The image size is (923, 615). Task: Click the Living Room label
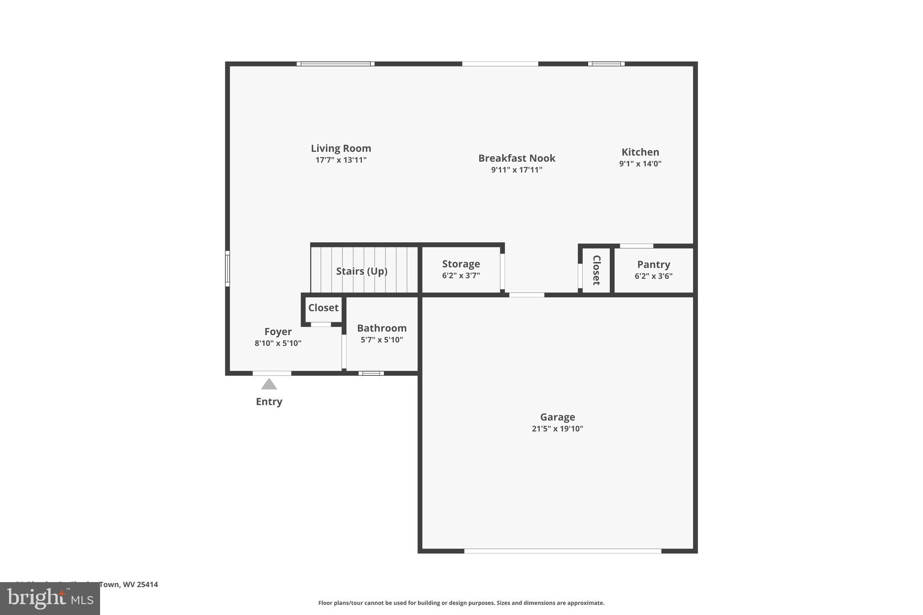pyautogui.click(x=341, y=148)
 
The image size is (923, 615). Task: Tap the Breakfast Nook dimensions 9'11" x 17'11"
pyautogui.click(x=516, y=170)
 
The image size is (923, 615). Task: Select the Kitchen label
pyautogui.click(x=640, y=152)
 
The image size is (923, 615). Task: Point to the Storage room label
pyautogui.click(x=461, y=264)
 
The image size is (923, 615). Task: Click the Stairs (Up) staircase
pyautogui.click(x=362, y=271)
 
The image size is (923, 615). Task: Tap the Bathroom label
pyautogui.click(x=382, y=328)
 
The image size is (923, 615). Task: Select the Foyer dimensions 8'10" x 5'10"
pyautogui.click(x=278, y=343)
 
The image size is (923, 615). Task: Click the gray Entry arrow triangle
pyautogui.click(x=269, y=384)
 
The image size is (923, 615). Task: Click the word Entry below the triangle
pyautogui.click(x=269, y=401)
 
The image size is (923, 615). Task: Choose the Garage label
pyautogui.click(x=557, y=417)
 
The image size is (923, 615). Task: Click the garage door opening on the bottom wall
pyautogui.click(x=562, y=551)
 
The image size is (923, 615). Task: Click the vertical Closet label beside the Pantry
pyautogui.click(x=596, y=270)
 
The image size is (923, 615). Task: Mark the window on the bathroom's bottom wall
pyautogui.click(x=371, y=373)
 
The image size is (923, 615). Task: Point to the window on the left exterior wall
pyautogui.click(x=228, y=269)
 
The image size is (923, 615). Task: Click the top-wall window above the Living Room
pyautogui.click(x=335, y=64)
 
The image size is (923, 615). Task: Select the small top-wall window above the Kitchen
pyautogui.click(x=606, y=64)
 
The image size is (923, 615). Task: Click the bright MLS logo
pyautogui.click(x=50, y=599)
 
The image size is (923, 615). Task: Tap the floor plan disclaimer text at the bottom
pyautogui.click(x=461, y=603)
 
